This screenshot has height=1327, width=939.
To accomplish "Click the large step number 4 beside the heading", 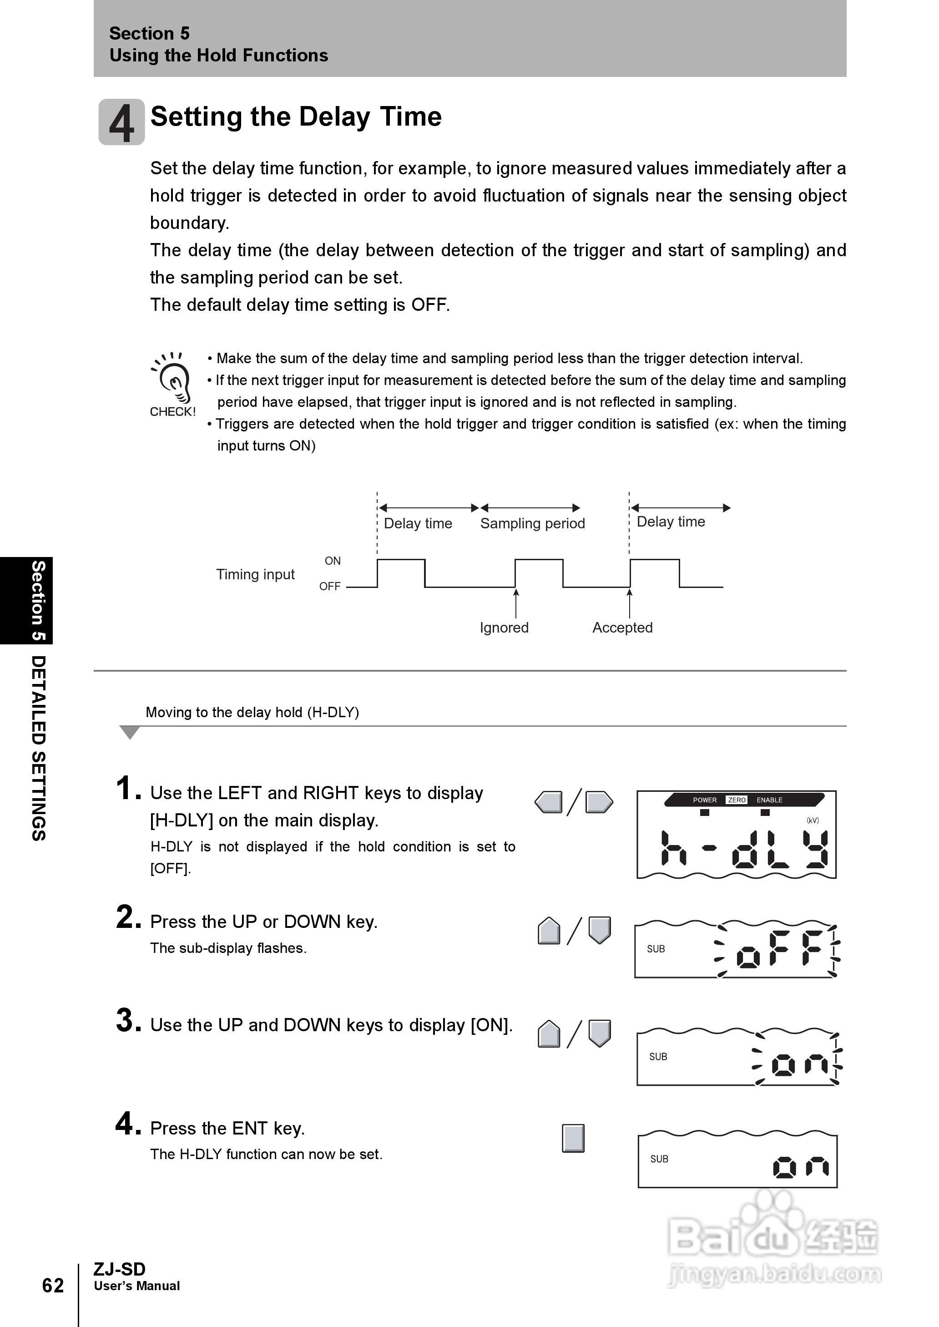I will pos(121,122).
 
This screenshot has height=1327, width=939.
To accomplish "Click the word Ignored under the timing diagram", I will pos(504,628).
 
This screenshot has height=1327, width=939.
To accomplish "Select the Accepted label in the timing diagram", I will pos(622,628).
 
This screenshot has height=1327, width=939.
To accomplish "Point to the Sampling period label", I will pos(532,523).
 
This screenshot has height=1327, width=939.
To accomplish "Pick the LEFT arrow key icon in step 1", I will pos(549,802).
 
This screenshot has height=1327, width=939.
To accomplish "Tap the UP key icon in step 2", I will pos(549,931).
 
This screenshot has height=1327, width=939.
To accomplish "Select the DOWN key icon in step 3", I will pos(600,1033).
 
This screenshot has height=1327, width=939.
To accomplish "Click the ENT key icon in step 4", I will pos(573,1138).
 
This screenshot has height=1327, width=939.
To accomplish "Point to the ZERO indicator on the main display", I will pos(736,800).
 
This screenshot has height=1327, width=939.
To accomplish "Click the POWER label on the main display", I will pos(704,800).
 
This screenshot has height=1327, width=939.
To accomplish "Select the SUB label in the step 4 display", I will pos(659,1159).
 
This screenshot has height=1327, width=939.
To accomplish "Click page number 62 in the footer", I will pos(53,1285).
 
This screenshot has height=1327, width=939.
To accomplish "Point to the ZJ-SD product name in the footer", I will pos(119,1269).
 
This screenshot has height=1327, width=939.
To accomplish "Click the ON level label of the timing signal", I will pos(333,560).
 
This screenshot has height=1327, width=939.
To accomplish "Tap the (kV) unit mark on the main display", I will pos(813,820).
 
